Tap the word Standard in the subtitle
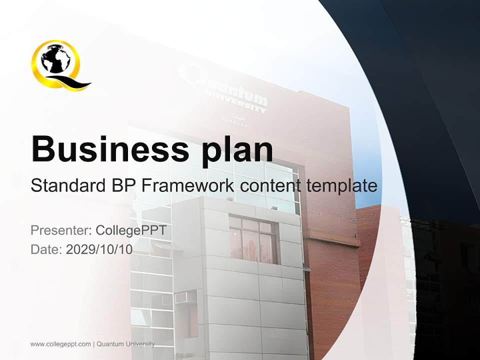66,186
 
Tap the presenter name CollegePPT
131,230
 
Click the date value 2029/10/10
99,249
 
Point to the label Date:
46,249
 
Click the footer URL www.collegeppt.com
60,344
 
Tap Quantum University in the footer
125,344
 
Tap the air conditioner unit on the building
184,298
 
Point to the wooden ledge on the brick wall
333,238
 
